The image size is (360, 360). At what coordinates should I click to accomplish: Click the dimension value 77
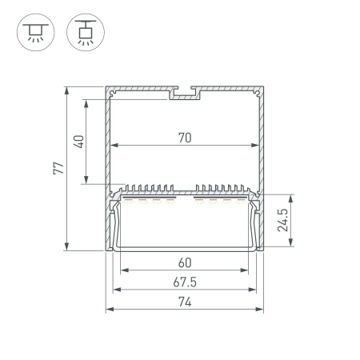(x=58, y=168)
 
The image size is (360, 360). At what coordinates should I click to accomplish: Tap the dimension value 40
(x=79, y=142)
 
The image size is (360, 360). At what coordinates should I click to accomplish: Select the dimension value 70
(x=185, y=138)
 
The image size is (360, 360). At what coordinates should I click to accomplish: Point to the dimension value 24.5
(x=283, y=220)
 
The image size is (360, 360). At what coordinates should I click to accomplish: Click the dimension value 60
(x=185, y=263)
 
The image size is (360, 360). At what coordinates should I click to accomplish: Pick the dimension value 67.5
(x=185, y=282)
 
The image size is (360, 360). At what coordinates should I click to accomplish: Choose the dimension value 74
(x=185, y=302)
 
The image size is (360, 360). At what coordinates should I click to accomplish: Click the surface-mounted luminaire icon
(x=36, y=32)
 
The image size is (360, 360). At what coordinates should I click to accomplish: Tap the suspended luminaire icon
(x=86, y=32)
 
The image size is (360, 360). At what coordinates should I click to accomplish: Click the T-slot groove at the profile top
(x=185, y=93)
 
